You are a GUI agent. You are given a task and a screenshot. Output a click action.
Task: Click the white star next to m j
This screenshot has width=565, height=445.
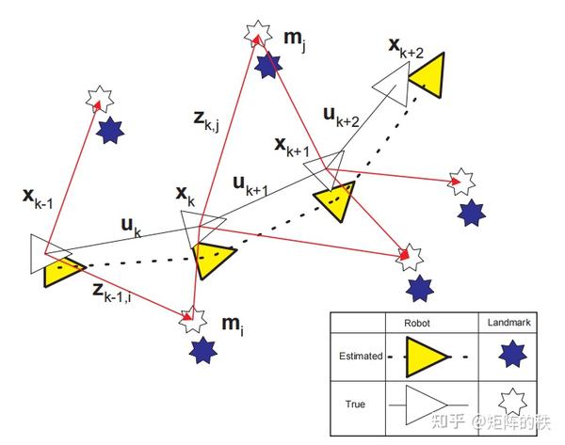[254, 34]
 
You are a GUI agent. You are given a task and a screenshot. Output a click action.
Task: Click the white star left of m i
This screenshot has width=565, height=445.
[192, 320]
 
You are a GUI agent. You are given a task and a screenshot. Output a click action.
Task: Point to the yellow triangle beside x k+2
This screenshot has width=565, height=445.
[428, 73]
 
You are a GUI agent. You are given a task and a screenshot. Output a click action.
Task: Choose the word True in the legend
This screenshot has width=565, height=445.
[356, 405]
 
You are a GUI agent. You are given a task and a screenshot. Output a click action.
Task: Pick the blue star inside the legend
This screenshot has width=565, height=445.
[512, 357]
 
